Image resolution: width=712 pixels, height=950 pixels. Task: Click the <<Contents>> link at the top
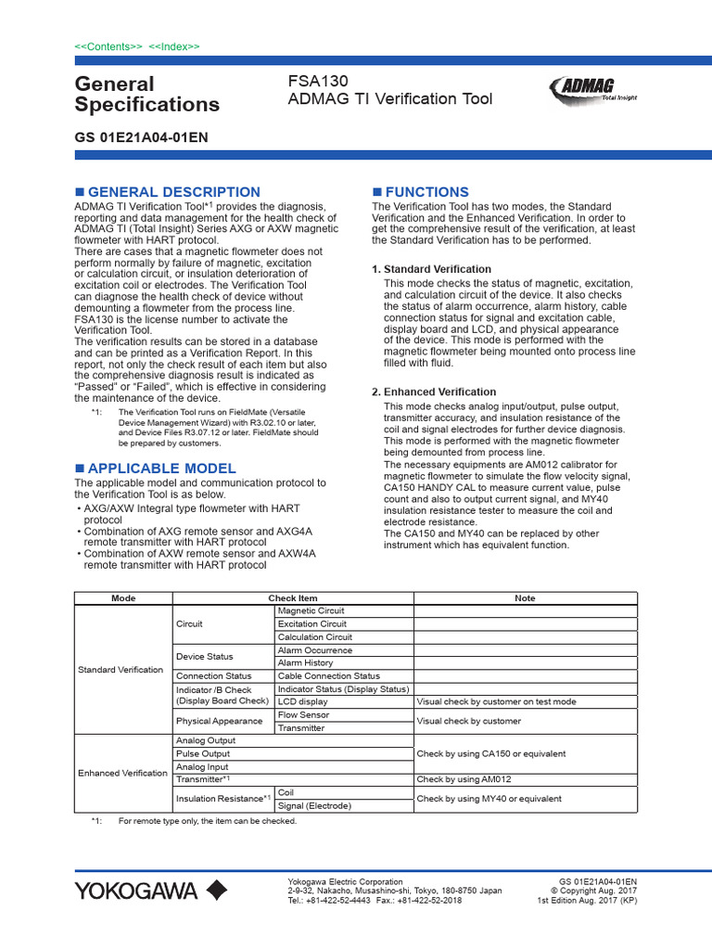pyautogui.click(x=108, y=46)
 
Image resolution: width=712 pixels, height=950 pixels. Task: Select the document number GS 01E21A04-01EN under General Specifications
pyautogui.click(x=141, y=137)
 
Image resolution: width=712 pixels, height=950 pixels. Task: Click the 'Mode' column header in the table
pyautogui.click(x=123, y=598)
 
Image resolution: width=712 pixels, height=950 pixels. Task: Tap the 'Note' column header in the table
pyautogui.click(x=525, y=598)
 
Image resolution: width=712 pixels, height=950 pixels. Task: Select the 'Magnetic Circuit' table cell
pyautogui.click(x=311, y=610)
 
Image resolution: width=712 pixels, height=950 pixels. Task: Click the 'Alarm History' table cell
pyautogui.click(x=305, y=663)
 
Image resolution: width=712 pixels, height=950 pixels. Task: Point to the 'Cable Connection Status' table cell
pyautogui.click(x=328, y=676)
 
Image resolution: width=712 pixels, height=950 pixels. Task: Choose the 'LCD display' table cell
pyautogui.click(x=302, y=702)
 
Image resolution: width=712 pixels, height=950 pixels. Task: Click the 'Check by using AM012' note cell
pyautogui.click(x=464, y=780)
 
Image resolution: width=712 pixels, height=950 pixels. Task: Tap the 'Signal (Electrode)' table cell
pyautogui.click(x=314, y=806)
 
